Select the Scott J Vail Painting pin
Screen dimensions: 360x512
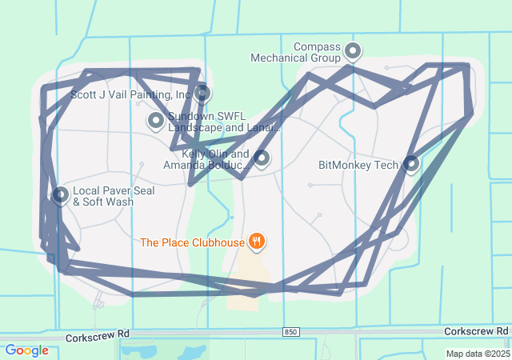pos(203,94)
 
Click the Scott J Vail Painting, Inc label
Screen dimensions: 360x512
pos(130,94)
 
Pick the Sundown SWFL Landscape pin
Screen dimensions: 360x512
pos(156,121)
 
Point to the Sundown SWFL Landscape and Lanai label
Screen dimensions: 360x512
pos(224,122)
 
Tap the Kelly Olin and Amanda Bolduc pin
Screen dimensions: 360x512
pos(261,158)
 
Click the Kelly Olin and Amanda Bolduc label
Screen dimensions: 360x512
pos(206,159)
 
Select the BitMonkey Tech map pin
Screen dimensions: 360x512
pos(411,164)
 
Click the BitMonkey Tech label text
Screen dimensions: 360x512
pos(358,166)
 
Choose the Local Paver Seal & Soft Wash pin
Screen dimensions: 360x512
pos(60,195)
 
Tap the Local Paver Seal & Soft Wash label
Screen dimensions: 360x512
pos(114,197)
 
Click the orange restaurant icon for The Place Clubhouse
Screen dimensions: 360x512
pos(256,241)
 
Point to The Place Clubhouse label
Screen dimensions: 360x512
pos(191,242)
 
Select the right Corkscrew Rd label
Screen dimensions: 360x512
pos(476,331)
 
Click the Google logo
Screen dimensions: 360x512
pos(26,350)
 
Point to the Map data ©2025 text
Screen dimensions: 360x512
pos(478,354)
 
